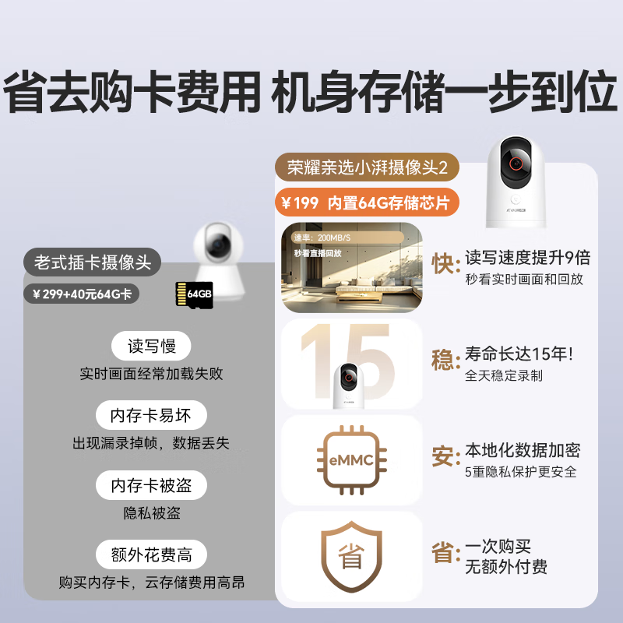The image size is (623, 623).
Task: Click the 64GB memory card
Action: [195, 294]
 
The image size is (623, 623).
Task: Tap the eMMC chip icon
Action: [354, 460]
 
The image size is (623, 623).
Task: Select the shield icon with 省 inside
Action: [354, 555]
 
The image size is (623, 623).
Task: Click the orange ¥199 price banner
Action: [367, 203]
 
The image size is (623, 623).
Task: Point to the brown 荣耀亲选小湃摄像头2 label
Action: [367, 167]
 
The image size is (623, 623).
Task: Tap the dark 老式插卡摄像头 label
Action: [93, 261]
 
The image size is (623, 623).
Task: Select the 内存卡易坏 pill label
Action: [151, 414]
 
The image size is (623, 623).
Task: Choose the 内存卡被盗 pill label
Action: [151, 485]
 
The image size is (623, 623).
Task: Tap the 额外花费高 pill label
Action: [151, 555]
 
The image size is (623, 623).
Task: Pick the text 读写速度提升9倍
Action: [527, 257]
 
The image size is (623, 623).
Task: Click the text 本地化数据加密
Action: [523, 450]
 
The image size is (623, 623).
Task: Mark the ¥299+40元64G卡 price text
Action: [82, 294]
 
